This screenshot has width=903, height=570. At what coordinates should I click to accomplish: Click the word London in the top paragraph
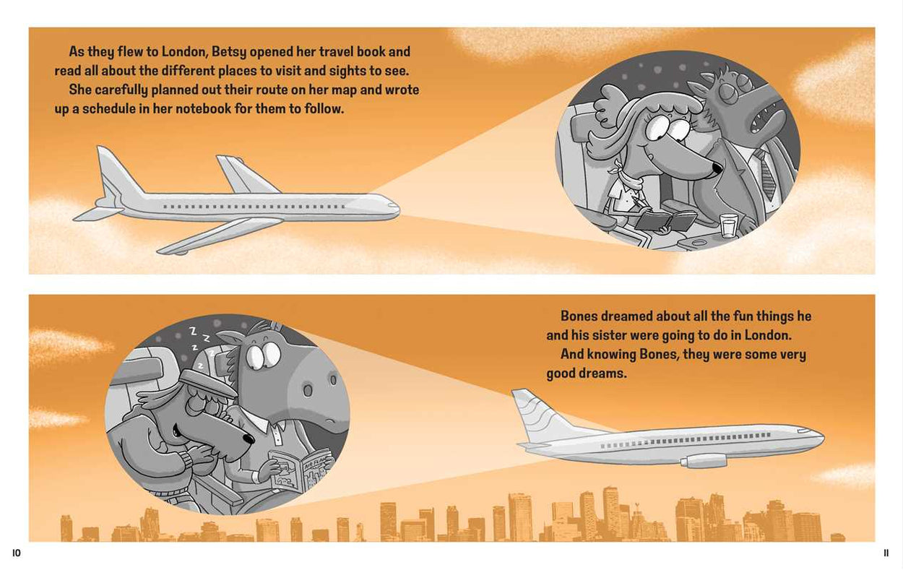184,51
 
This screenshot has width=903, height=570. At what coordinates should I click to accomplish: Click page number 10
16,553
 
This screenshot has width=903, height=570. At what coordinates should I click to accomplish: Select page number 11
886,553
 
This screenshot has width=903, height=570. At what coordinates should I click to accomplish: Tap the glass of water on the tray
729,225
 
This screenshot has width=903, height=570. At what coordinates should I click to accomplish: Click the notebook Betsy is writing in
665,222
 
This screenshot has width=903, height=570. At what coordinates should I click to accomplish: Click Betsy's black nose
717,168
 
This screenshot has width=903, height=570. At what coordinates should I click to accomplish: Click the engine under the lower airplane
704,460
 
